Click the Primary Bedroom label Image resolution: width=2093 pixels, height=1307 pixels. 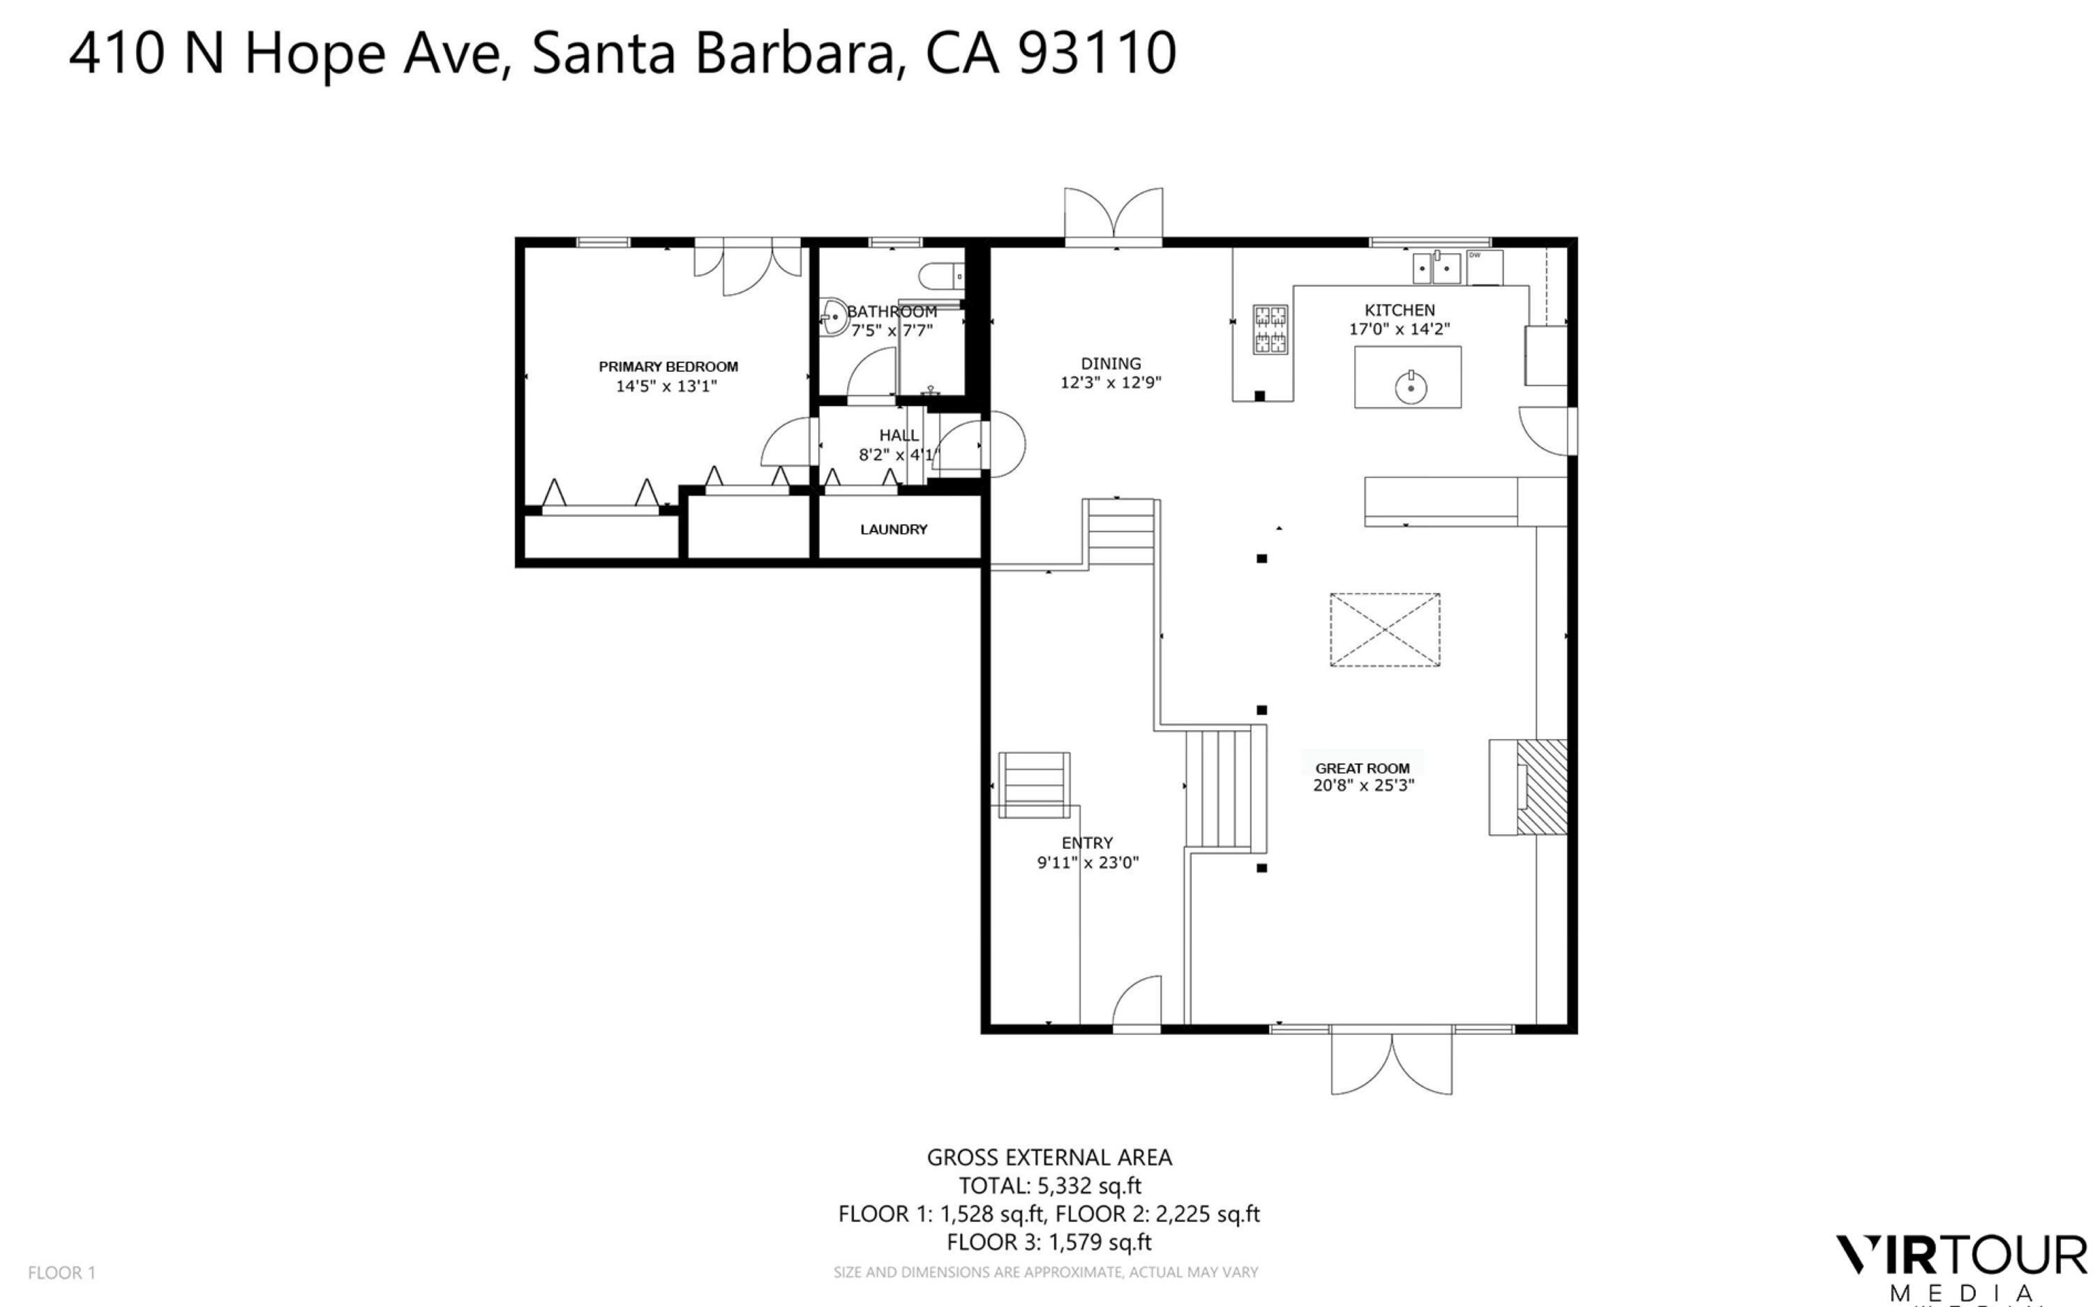668,367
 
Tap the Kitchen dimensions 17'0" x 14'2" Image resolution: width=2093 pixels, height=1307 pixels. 1399,329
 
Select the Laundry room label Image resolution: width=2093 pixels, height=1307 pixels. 893,530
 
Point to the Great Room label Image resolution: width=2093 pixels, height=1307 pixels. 1362,769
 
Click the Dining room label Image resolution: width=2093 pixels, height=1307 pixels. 1110,364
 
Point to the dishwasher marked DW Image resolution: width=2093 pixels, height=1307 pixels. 1483,267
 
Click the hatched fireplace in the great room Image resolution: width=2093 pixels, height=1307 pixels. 1541,787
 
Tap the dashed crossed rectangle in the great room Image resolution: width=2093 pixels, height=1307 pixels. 1384,630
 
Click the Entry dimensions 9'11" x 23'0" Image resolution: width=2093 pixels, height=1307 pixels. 1088,863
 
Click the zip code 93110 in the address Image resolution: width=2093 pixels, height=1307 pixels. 1096,53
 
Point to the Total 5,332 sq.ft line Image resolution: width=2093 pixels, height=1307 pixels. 1049,1186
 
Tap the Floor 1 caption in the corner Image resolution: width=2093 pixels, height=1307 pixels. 61,1272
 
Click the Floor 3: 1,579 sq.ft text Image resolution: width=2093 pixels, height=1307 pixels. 1049,1243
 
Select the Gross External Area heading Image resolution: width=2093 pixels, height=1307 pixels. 1049,1158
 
